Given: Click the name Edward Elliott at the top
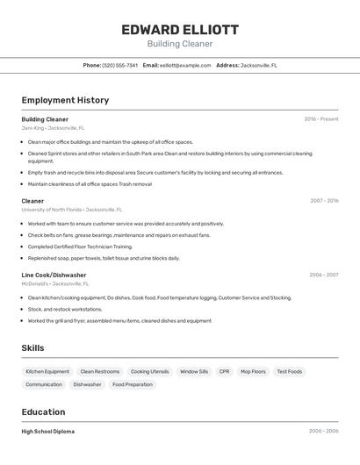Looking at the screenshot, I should [x=180, y=30].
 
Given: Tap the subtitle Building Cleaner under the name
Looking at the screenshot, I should [x=180, y=44].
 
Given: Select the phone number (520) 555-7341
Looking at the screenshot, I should [x=119, y=65].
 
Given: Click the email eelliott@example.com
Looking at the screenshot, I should [x=185, y=65].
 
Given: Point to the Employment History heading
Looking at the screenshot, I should [x=65, y=100].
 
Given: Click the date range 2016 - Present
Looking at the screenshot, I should [x=321, y=118].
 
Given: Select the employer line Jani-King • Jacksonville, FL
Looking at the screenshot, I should [x=53, y=128].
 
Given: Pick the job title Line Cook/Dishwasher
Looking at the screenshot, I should [x=54, y=275].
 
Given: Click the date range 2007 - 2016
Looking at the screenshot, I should [x=324, y=200].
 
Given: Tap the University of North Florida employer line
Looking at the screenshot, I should [x=72, y=210].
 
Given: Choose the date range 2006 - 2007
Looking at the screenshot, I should [x=323, y=275].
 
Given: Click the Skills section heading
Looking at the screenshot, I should [x=32, y=348].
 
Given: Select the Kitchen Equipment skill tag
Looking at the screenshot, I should [x=47, y=371].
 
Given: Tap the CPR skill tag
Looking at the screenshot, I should [x=225, y=371].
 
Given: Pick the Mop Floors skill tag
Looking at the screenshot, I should [x=253, y=371].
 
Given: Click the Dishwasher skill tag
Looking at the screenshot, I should [x=87, y=384].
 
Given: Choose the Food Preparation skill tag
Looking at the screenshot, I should [x=133, y=384].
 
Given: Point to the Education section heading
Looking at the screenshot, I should [x=43, y=411].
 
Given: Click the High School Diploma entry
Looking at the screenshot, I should [x=48, y=432].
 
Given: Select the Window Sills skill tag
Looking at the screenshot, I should [x=194, y=371].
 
